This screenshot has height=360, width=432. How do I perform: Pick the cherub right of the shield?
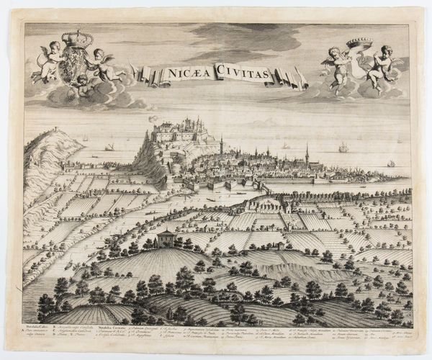[x=103, y=63]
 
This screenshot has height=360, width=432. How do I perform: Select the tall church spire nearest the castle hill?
[x=222, y=143]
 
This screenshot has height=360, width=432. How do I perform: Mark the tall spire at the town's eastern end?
[x=307, y=153]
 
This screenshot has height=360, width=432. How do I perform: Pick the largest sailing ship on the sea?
[x=344, y=148]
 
